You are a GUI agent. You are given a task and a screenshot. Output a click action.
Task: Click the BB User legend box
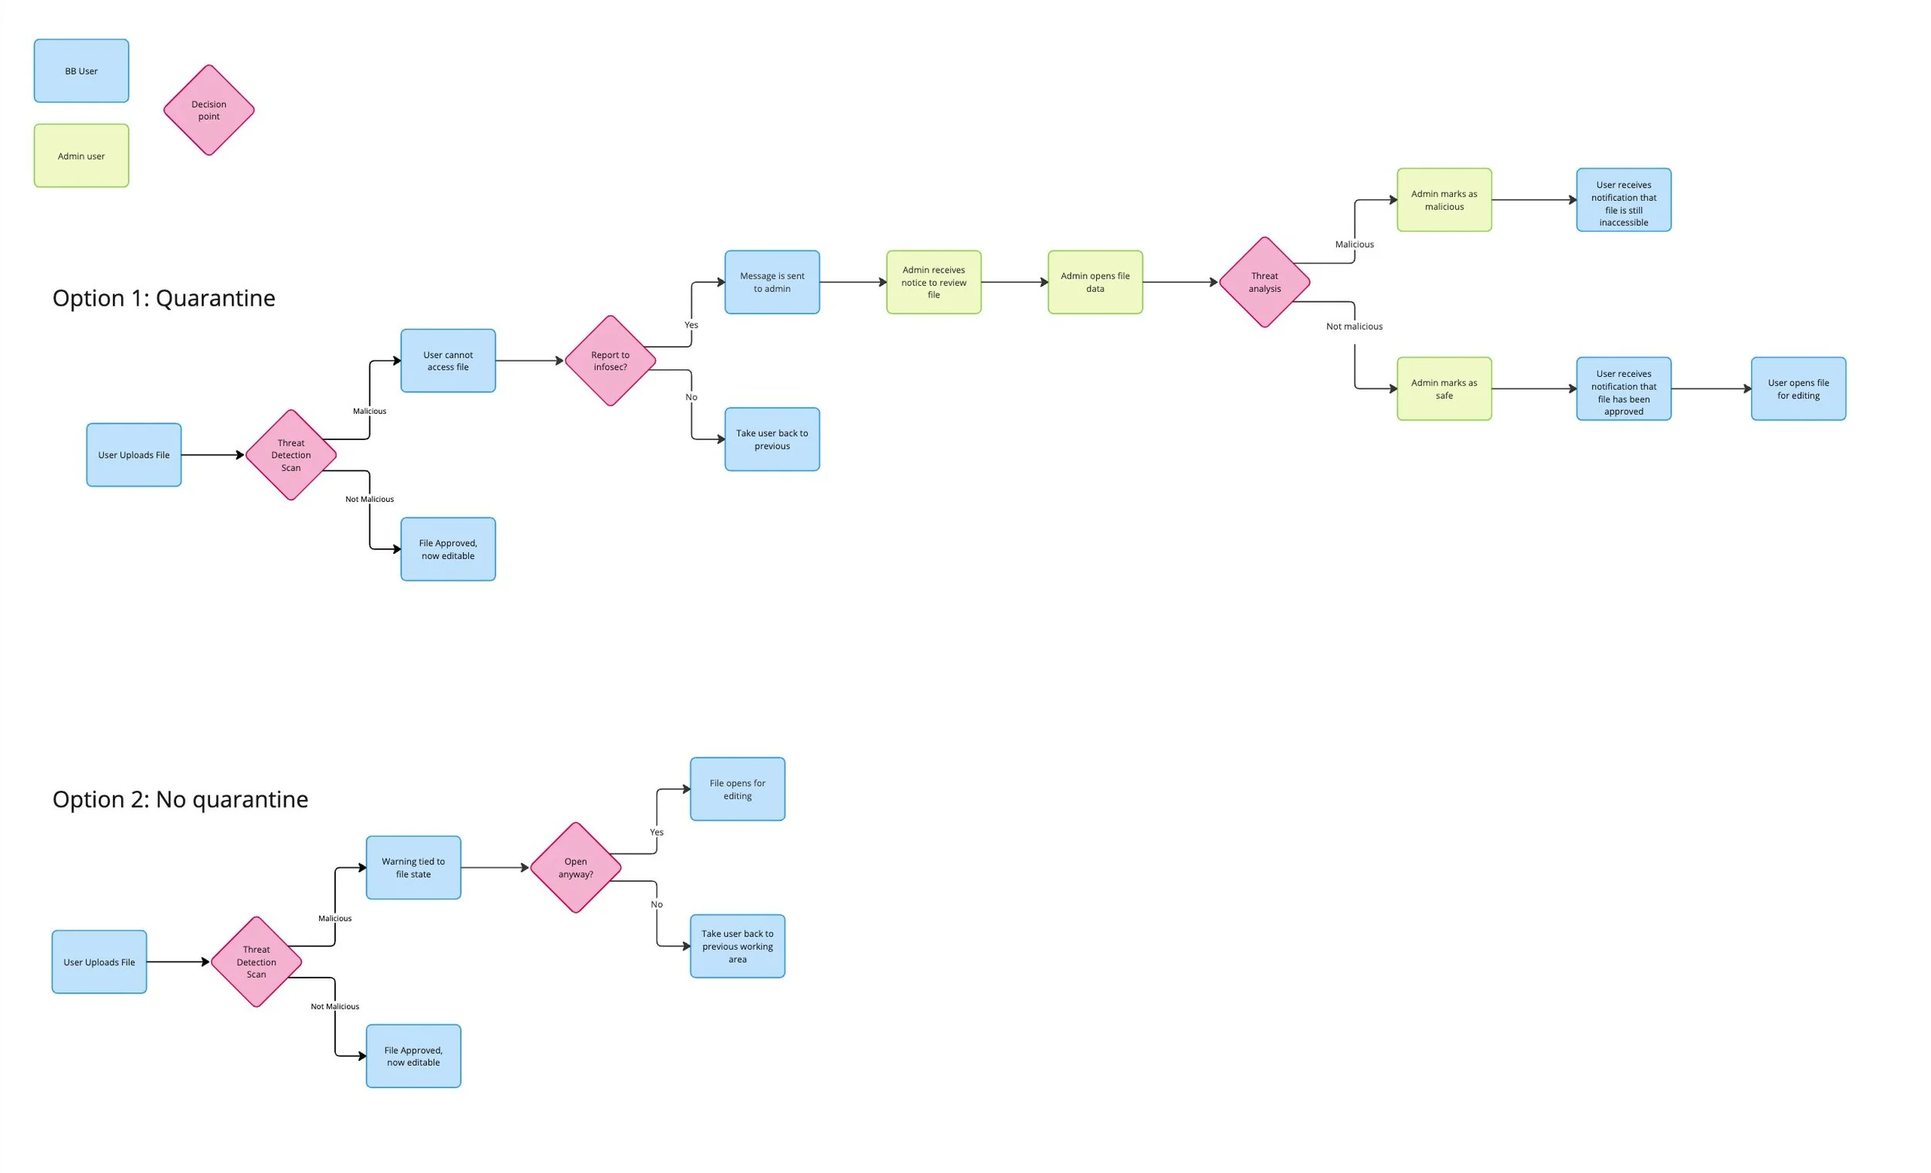point(81,70)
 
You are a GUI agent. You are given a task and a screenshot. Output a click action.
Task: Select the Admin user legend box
point(81,155)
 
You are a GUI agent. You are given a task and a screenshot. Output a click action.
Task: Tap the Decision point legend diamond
point(209,110)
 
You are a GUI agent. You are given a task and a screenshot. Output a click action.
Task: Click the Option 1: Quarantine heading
point(164,298)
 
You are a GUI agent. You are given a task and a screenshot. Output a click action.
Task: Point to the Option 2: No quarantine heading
point(180,799)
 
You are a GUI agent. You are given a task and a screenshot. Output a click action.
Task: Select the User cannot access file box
point(447,361)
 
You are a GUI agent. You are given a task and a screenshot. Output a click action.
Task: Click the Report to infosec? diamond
point(609,361)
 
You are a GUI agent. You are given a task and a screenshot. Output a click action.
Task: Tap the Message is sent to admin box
point(772,282)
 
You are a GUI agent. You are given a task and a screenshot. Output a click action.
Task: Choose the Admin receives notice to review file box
point(933,282)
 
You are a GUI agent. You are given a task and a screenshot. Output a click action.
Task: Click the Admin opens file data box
point(1094,282)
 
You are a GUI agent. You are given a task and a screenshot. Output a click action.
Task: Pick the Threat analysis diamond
point(1264,282)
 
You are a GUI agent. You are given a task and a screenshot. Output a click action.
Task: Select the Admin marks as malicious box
point(1444,200)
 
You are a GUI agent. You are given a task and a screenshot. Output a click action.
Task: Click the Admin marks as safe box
point(1444,388)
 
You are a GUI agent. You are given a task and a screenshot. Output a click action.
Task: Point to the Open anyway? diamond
point(575,867)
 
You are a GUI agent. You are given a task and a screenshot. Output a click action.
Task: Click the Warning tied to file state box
point(413,867)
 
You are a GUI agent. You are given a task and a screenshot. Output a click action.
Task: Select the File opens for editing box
point(737,789)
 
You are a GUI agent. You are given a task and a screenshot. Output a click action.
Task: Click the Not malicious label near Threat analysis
point(1353,326)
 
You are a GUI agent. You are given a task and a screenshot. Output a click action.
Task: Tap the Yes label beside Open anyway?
point(656,832)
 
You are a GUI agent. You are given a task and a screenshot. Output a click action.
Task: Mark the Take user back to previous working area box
point(737,946)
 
